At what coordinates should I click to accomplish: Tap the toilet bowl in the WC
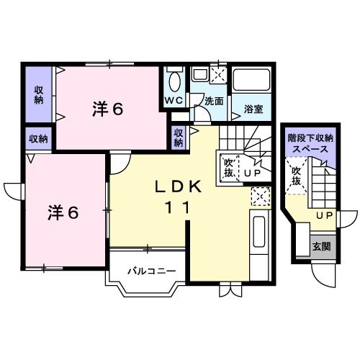pyautogui.click(x=175, y=79)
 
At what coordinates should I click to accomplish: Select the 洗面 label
pyautogui.click(x=214, y=102)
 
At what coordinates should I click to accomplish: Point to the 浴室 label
pyautogui.click(x=253, y=109)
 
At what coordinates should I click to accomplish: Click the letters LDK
pyautogui.click(x=176, y=186)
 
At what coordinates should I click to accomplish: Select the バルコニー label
pyautogui.click(x=147, y=271)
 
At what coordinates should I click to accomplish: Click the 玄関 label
pyautogui.click(x=320, y=246)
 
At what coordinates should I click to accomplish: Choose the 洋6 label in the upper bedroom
pyautogui.click(x=108, y=109)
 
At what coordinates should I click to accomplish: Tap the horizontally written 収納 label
pyautogui.click(x=38, y=138)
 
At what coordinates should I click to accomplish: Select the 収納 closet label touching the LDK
pyautogui.click(x=179, y=137)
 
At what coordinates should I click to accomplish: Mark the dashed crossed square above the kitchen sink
pyautogui.click(x=259, y=196)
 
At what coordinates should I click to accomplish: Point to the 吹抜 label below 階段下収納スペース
pyautogui.click(x=296, y=177)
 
